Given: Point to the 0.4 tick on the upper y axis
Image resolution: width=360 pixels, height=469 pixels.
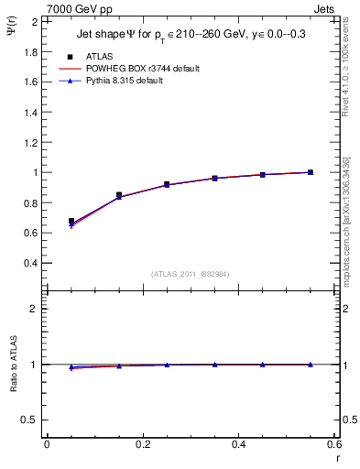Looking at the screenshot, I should pos(31,263).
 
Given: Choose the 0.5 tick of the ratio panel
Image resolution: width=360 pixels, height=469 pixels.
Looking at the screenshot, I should pos(31,420).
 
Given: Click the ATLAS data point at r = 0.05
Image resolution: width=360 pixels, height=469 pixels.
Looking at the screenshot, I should pos(71,221).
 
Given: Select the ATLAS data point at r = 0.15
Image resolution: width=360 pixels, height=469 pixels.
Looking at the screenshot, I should pos(119,194).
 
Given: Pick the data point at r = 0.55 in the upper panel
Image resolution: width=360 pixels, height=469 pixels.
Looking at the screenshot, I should pos(311,172).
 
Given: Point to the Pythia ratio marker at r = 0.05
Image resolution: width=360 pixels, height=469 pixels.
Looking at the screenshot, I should pos(71,367).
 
